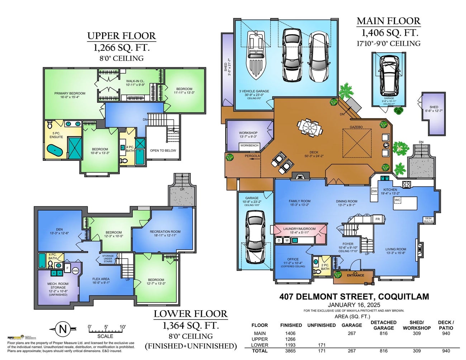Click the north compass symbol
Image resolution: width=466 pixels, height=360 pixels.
(x=63, y=329)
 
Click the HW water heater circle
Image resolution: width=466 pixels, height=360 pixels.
(x=75, y=271)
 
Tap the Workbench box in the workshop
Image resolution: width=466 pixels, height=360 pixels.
(x=249, y=146)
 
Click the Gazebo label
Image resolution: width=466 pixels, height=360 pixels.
(x=356, y=127)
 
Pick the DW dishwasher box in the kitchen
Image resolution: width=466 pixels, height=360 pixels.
(x=374, y=191)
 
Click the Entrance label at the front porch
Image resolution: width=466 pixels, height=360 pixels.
(x=355, y=275)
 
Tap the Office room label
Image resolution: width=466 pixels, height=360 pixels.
(x=293, y=259)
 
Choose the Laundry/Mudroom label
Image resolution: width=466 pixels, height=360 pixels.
(x=299, y=229)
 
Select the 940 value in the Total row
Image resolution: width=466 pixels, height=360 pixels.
(x=446, y=351)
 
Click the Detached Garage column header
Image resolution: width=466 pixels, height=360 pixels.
(x=383, y=325)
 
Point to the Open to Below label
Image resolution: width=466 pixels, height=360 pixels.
(x=163, y=150)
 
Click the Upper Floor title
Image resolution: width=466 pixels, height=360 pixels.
(x=122, y=36)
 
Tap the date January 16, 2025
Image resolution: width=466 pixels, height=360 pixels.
(x=353, y=304)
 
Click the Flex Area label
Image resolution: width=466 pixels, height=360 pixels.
(x=101, y=279)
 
